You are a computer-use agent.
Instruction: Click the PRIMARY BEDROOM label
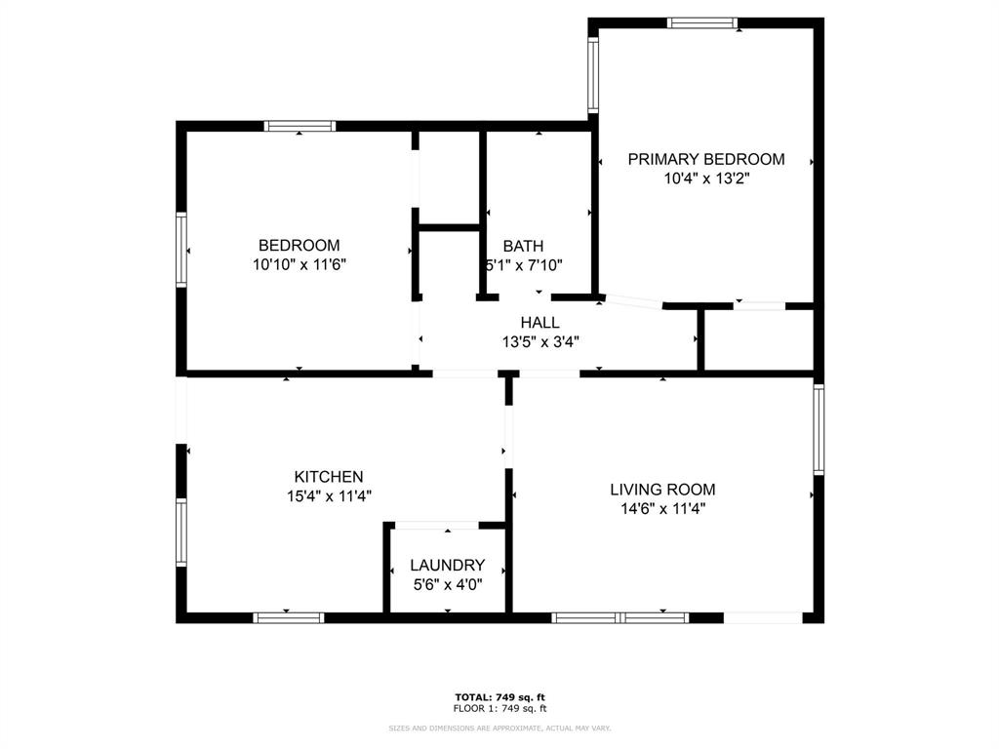click(705, 159)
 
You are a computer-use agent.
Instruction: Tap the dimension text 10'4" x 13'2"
click(705, 178)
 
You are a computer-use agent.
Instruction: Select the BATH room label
click(523, 246)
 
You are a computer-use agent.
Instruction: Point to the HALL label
click(539, 322)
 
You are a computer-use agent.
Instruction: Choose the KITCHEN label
click(329, 477)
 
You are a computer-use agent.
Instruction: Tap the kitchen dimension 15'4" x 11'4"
click(329, 495)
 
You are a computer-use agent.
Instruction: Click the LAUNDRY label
click(447, 565)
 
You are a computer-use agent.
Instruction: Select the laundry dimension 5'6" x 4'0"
click(447, 584)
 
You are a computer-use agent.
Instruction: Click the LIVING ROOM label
click(662, 489)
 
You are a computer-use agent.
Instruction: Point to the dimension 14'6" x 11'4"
click(662, 508)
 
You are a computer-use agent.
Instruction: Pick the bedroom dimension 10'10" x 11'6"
click(299, 264)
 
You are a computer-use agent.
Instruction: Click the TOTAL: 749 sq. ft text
click(499, 696)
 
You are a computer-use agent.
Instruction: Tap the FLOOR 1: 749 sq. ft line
click(499, 708)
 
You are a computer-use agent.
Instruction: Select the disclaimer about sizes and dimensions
click(499, 728)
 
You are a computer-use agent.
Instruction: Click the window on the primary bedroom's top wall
click(701, 22)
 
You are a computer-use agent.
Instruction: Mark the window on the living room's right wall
click(819, 429)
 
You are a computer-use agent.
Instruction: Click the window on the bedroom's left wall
click(181, 250)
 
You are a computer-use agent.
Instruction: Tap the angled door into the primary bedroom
click(632, 300)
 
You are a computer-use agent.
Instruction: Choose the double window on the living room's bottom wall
click(620, 616)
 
